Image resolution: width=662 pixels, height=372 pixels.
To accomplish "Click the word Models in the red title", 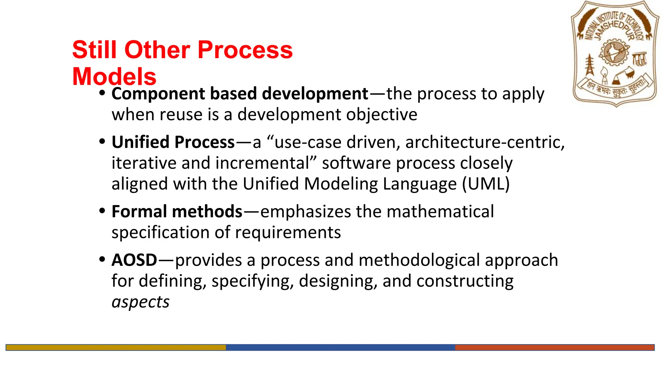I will click(x=114, y=77).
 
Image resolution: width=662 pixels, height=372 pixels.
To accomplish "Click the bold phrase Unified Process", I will click(x=173, y=142).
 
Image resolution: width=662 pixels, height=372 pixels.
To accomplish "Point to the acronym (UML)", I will click(x=486, y=184).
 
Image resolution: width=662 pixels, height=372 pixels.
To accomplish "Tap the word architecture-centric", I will click(x=485, y=142).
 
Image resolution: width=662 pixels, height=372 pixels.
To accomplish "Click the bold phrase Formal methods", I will click(x=177, y=212).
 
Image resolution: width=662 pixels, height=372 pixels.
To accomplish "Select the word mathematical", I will click(x=440, y=212).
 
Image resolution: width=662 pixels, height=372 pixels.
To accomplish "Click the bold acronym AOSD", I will click(x=134, y=260).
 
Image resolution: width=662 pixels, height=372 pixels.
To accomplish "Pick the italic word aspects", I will click(x=140, y=302).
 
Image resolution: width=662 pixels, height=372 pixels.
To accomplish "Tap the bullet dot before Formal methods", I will click(x=102, y=211).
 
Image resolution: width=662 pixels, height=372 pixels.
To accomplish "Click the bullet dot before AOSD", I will click(x=102, y=259).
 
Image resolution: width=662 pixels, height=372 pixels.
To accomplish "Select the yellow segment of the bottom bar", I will click(x=116, y=347).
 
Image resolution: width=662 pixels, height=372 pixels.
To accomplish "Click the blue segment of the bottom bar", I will click(x=340, y=347).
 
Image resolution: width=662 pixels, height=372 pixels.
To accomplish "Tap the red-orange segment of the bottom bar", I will click(x=554, y=347).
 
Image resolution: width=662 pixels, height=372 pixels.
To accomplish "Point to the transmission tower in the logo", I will click(x=590, y=65).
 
